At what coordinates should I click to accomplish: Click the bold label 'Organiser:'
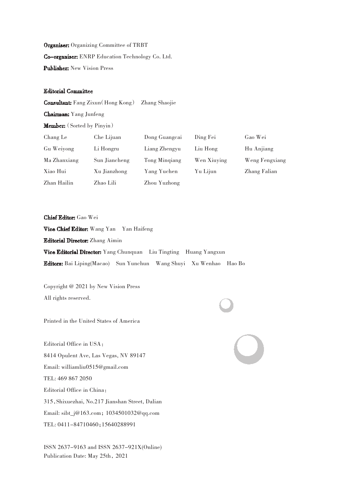(56, 45)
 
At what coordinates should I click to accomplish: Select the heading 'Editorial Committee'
(68, 91)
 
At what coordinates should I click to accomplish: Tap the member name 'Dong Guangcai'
(163, 137)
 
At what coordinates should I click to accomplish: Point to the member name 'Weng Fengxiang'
(265, 160)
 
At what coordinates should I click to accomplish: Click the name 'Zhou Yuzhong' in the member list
(162, 183)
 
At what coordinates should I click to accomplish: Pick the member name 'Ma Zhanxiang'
(61, 160)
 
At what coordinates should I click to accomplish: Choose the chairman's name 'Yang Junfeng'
(87, 114)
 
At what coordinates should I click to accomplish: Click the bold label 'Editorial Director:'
(66, 241)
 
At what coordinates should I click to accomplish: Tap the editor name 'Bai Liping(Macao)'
(87, 264)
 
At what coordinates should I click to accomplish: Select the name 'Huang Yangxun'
(205, 252)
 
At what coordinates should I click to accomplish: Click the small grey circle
(226, 305)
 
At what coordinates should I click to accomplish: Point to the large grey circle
(249, 349)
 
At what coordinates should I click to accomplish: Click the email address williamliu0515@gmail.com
(94, 367)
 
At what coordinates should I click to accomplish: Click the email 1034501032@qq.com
(133, 413)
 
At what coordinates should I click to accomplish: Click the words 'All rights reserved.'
(67, 298)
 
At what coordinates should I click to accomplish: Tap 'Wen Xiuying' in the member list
(211, 160)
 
